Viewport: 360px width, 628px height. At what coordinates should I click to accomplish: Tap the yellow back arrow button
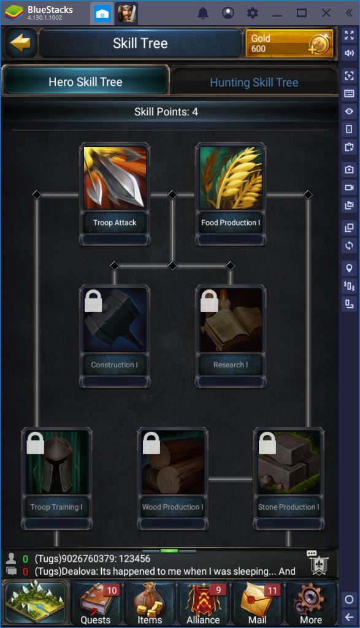point(20,43)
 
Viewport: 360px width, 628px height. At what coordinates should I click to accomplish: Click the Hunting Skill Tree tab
point(254,82)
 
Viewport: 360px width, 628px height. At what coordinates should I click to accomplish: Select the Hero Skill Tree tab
point(85,82)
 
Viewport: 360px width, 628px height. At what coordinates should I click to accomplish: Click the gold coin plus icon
point(320,44)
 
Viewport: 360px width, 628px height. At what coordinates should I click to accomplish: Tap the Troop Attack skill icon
point(115,178)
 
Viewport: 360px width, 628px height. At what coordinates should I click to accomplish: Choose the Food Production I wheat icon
point(231,178)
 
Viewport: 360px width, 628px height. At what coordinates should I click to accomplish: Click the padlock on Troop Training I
point(35,443)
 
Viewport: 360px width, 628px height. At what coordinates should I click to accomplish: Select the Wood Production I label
point(172,507)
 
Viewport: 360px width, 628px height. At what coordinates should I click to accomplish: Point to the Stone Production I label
point(288,507)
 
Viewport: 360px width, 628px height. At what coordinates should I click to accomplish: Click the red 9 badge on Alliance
point(219,589)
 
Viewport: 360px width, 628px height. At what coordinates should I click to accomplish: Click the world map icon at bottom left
point(36,602)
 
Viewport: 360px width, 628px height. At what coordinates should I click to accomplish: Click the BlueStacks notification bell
point(203,13)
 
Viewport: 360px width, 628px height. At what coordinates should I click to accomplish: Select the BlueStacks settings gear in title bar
point(252,13)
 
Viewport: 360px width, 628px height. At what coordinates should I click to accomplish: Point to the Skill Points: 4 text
point(166,112)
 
